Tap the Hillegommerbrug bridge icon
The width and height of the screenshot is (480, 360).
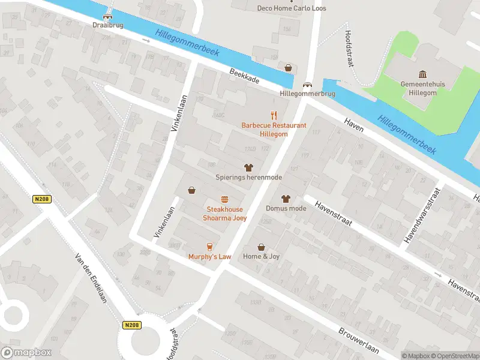[x=307, y=85]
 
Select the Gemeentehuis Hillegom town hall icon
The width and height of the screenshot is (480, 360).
[x=422, y=74]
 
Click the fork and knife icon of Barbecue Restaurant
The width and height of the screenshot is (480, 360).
[x=274, y=115]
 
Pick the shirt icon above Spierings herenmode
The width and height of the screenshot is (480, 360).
[x=248, y=167]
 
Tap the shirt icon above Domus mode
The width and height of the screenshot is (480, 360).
[x=286, y=199]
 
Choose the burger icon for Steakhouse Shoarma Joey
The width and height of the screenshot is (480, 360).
[x=224, y=199]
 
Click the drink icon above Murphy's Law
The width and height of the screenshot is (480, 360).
[x=209, y=246]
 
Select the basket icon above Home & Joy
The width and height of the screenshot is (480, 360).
[x=261, y=247]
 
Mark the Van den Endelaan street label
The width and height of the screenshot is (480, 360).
[x=90, y=277]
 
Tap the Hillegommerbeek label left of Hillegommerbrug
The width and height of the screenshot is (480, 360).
[x=187, y=43]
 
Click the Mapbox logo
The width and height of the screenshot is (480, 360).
[x=26, y=352]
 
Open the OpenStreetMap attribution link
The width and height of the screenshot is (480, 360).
[x=455, y=355]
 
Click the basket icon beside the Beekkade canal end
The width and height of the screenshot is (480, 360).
[x=289, y=68]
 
